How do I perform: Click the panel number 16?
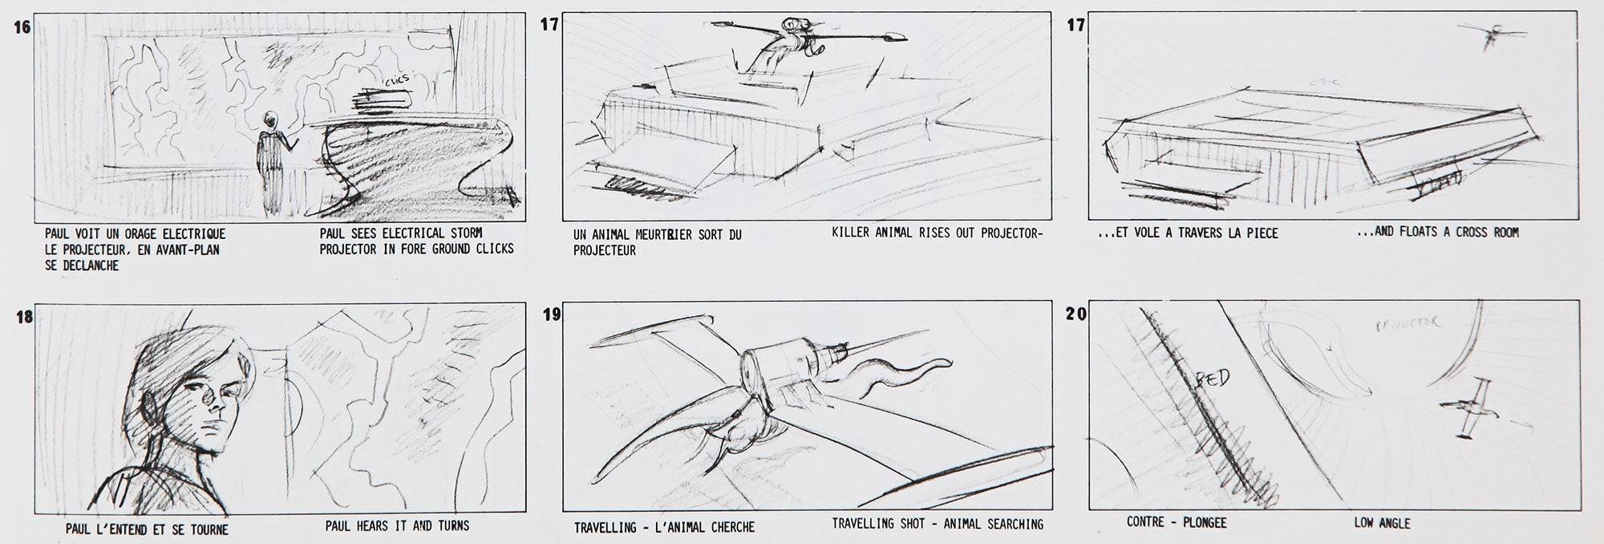22,27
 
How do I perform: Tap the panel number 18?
24,316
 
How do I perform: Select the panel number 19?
552,315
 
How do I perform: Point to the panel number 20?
1076,315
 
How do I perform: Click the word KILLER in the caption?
852,233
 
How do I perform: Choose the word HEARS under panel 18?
373,526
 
